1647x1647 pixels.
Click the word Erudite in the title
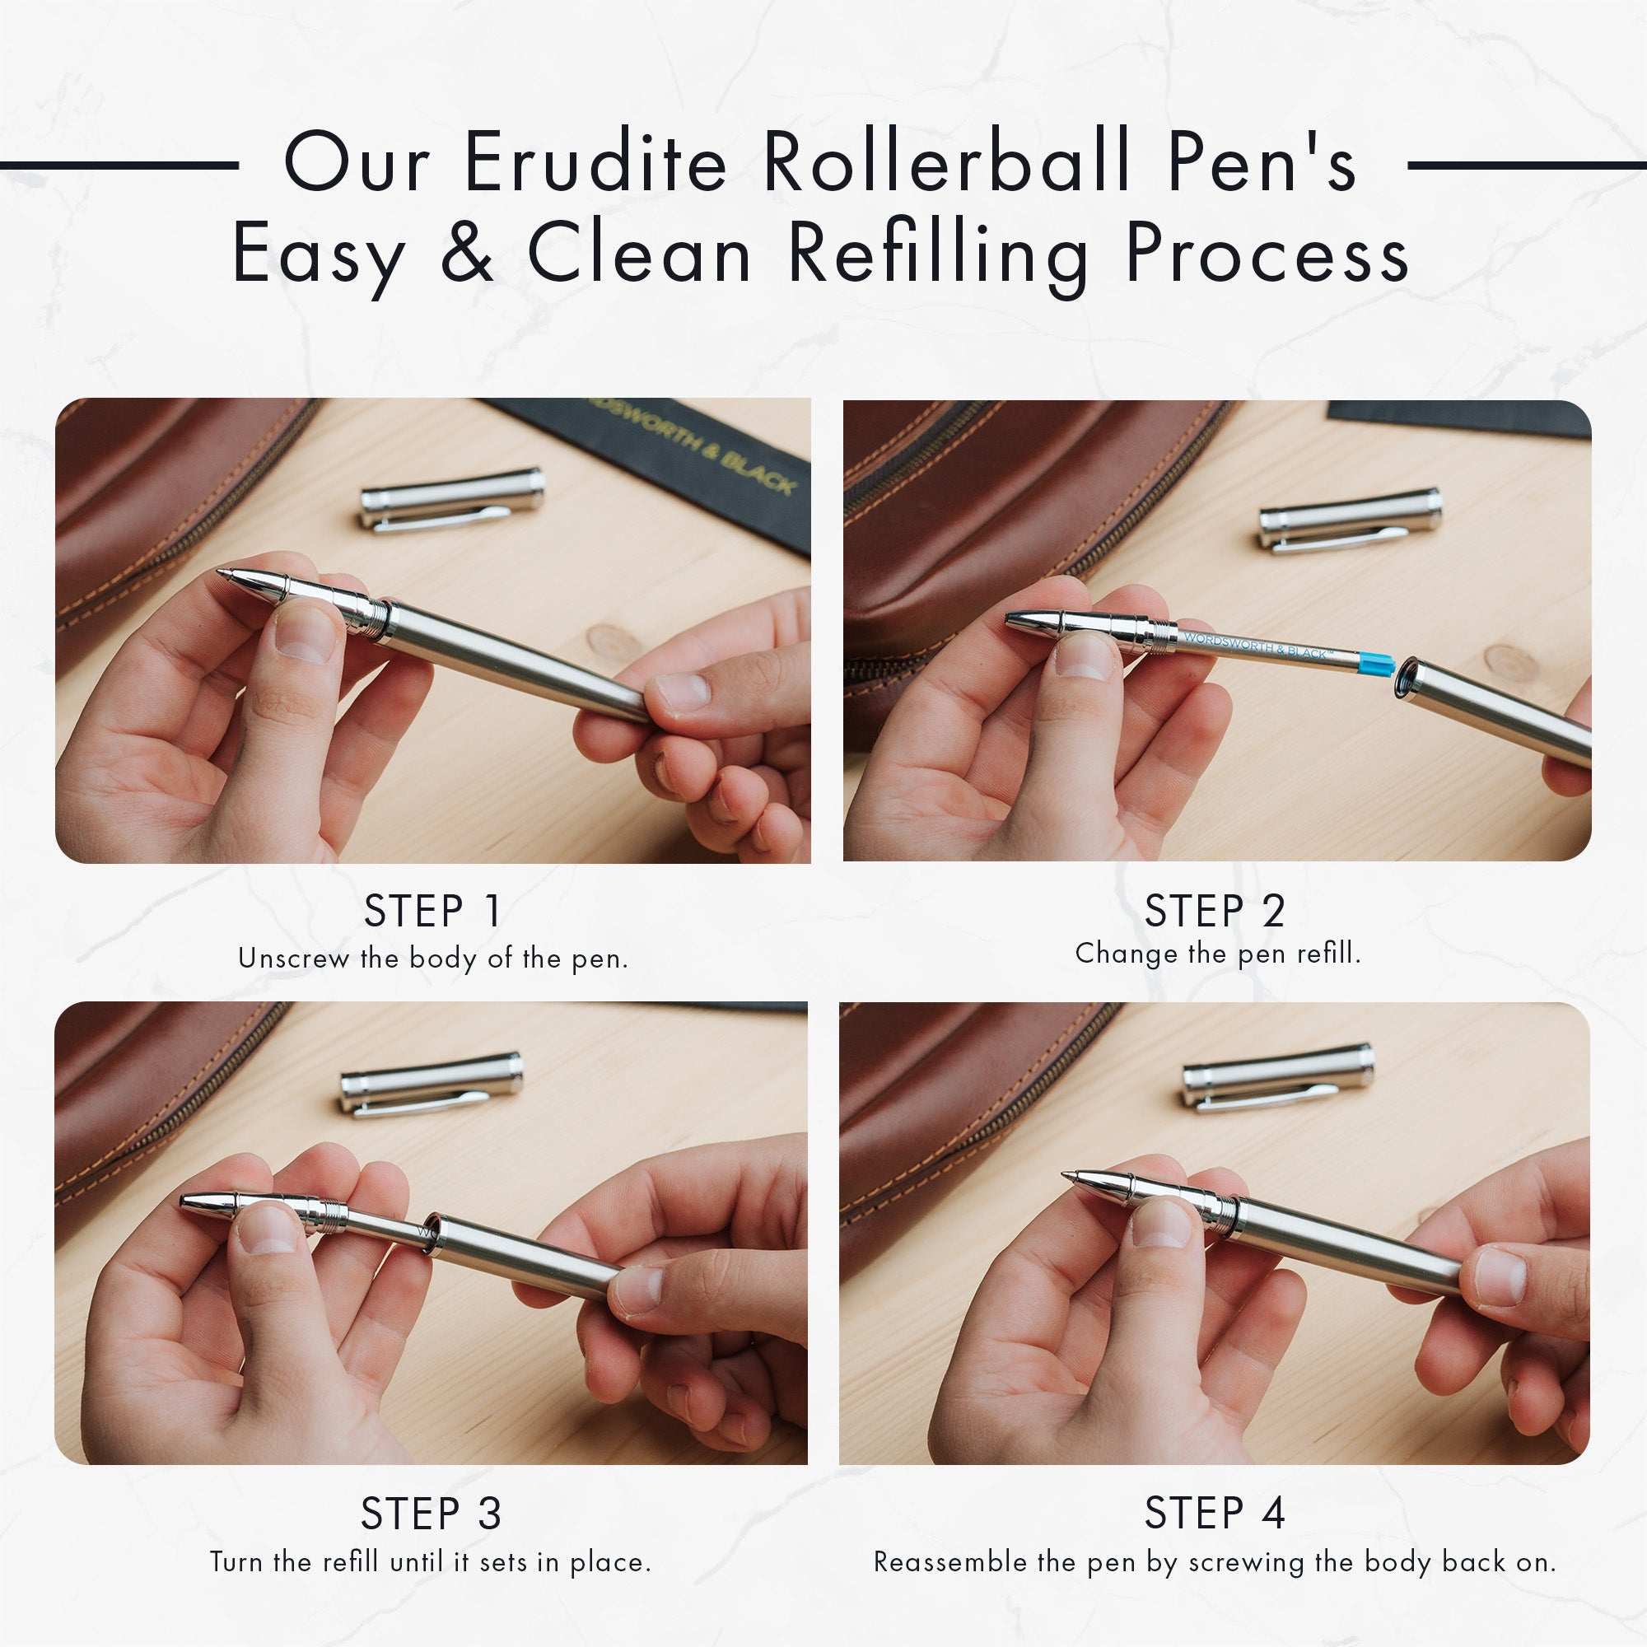[x=595, y=162]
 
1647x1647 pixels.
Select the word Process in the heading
[x=1267, y=253]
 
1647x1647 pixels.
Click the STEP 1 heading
[x=432, y=912]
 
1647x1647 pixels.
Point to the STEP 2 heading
[x=1215, y=912]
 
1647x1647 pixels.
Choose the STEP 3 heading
[x=432, y=1514]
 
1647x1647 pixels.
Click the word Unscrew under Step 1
[x=294, y=959]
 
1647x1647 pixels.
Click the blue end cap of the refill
[x=1376, y=662]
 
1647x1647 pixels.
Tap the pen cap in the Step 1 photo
[x=452, y=500]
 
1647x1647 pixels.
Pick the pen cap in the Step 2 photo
[x=1351, y=519]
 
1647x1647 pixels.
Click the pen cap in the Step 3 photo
[x=432, y=1084]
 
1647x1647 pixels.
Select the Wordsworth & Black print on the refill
[x=1257, y=645]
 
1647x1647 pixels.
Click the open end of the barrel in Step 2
[x=1407, y=678]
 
